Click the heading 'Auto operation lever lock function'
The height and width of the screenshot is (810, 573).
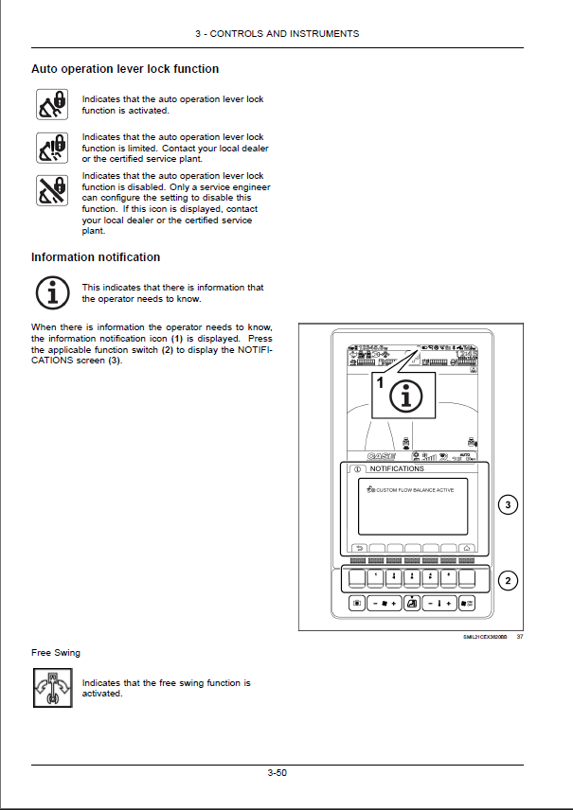[125, 69]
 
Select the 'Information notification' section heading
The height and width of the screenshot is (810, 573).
[96, 257]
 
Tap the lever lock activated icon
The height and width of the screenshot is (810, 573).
[51, 104]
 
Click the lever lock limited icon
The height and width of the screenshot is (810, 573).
[51, 148]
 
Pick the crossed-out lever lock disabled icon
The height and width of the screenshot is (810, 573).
[51, 191]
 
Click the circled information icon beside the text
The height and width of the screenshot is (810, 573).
[51, 292]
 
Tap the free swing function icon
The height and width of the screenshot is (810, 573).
[51, 688]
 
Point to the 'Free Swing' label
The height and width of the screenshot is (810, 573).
[56, 653]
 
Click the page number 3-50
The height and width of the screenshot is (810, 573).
[277, 773]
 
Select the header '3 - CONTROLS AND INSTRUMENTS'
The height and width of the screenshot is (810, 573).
[277, 34]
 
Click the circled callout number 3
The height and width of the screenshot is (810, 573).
[508, 505]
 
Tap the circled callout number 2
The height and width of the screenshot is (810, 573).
[508, 580]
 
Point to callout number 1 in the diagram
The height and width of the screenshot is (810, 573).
[381, 383]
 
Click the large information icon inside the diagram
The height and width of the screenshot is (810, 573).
[407, 396]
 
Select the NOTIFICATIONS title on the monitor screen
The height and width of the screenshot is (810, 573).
[397, 469]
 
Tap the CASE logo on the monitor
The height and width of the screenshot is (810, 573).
[381, 456]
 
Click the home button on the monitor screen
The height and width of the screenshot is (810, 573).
[468, 548]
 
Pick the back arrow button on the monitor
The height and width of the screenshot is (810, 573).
[358, 548]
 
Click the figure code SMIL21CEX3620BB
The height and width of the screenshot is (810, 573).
[486, 637]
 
